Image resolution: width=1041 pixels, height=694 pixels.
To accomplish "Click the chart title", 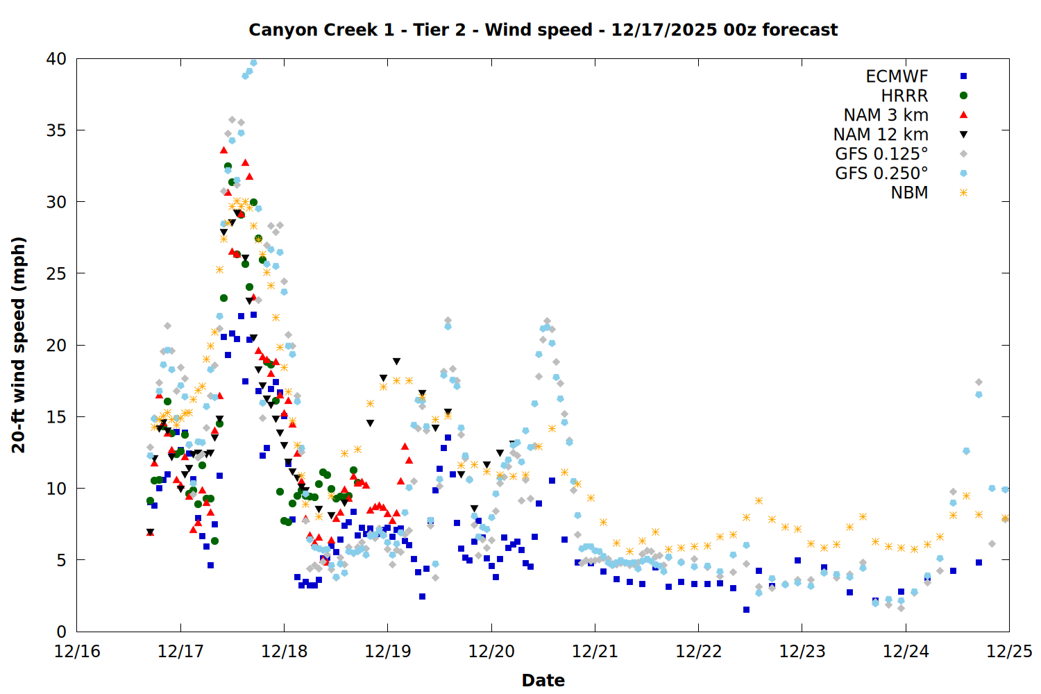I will (543, 30).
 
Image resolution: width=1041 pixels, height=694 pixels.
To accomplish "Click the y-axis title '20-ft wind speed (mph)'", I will (19, 345).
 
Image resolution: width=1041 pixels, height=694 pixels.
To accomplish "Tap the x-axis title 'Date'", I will (543, 680).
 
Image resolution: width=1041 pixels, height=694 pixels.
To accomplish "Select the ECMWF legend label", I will (897, 76).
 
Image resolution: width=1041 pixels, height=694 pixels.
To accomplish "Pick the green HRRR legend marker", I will (963, 96).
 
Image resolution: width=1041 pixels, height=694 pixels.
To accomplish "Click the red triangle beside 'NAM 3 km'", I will (963, 115).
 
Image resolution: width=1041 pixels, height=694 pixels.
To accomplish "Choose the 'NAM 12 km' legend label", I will (881, 135).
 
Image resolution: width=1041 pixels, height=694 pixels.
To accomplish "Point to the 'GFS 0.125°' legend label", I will (881, 154).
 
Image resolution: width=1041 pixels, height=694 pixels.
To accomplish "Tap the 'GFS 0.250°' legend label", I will (881, 173).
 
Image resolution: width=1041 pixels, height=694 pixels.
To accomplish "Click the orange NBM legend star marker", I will (963, 193).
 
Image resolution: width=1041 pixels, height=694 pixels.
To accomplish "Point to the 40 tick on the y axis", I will (56, 59).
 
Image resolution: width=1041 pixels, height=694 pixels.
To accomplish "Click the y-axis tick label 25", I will (56, 273).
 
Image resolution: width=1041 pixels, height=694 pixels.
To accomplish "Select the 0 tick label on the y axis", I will (61, 632).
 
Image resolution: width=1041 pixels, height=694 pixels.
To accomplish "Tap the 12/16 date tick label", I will (77, 652).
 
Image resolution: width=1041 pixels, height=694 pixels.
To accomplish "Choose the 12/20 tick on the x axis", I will (491, 652).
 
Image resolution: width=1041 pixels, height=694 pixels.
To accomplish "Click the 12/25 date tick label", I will (1009, 652).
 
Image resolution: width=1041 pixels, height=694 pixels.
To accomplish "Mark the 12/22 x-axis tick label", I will (698, 652).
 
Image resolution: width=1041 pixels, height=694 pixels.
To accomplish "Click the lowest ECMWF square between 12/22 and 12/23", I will (746, 609).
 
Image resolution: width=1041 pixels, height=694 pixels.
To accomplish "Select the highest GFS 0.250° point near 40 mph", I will (253, 62).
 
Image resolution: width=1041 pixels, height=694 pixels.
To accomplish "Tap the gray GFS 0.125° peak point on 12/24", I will (979, 382).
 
